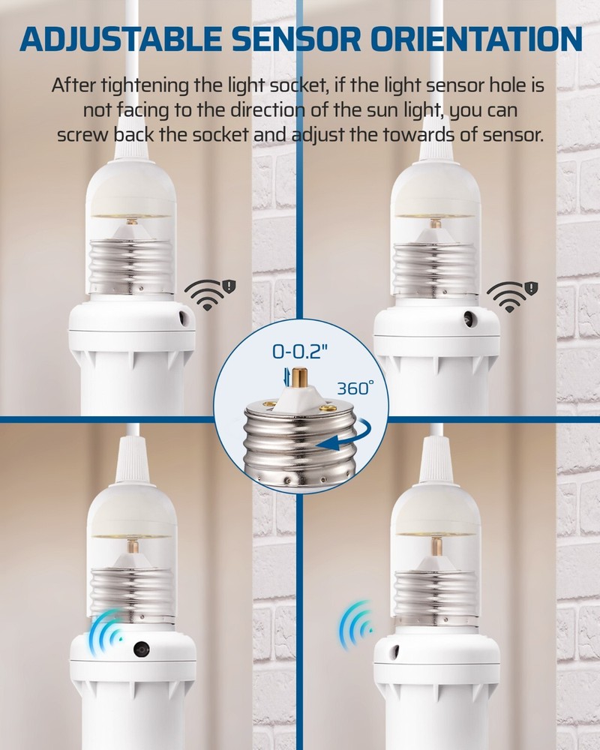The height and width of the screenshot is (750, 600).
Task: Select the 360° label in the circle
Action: [354, 388]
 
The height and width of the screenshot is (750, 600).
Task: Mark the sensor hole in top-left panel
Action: [183, 318]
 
